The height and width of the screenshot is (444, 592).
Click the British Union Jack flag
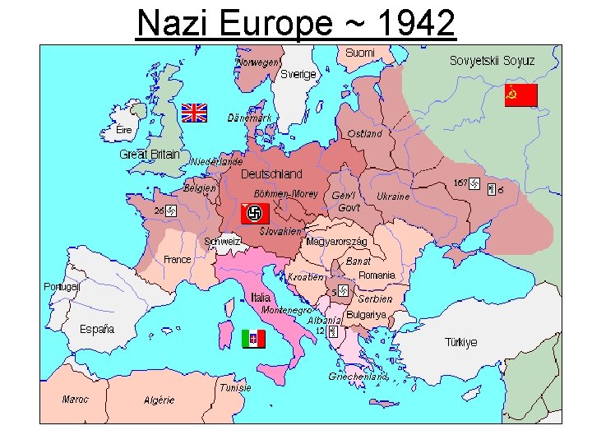click(195, 113)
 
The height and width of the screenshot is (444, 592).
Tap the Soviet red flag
click(520, 95)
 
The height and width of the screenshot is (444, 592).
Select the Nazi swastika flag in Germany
click(255, 214)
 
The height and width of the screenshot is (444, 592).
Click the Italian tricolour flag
click(253, 338)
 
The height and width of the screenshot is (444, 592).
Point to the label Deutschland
click(271, 174)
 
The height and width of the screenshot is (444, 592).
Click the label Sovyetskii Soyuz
click(492, 61)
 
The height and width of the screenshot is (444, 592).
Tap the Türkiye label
click(460, 342)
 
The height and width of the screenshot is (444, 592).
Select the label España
click(97, 329)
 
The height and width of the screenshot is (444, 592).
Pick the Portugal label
click(62, 287)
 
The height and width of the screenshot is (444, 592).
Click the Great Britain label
click(150, 154)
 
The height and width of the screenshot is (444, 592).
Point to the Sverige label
click(298, 74)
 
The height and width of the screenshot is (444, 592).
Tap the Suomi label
click(359, 53)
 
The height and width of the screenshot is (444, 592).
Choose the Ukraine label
click(393, 197)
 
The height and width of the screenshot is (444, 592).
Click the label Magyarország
click(336, 242)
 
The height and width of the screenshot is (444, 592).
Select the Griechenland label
click(358, 377)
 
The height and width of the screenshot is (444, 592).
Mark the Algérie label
click(160, 400)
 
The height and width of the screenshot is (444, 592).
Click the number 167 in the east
click(460, 183)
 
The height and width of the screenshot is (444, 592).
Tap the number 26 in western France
click(158, 210)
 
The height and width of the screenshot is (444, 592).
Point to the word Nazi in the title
click(169, 23)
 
